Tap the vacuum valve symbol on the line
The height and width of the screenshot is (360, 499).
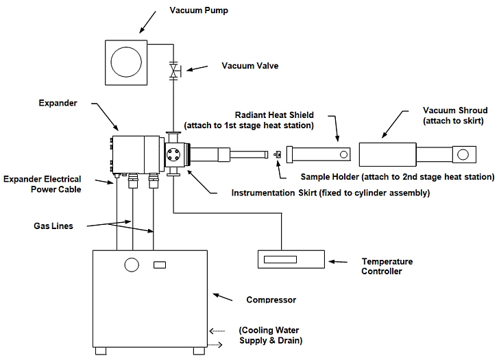tap(175, 70)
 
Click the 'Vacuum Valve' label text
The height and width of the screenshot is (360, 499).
tap(249, 66)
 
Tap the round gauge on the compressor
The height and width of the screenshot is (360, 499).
tap(130, 265)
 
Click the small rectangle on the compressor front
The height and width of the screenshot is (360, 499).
tap(159, 265)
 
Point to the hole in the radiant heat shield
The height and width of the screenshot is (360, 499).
tap(334, 153)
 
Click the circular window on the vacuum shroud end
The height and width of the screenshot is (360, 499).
tap(463, 154)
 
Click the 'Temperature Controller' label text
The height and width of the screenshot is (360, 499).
tap(388, 266)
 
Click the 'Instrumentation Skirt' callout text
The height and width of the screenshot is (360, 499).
tap(330, 193)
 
